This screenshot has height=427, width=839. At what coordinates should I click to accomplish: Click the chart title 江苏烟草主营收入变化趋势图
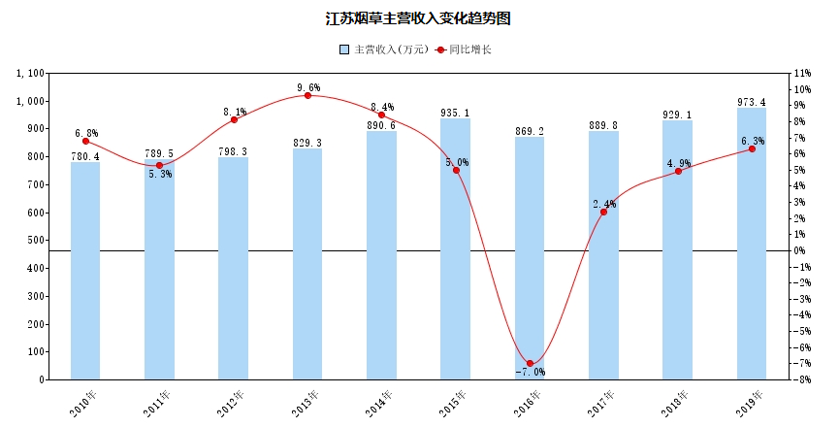pyautogui.click(x=418, y=18)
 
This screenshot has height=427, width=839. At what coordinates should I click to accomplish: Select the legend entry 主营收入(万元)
pyautogui.click(x=379, y=49)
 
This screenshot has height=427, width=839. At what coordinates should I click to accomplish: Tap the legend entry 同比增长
pyautogui.click(x=464, y=49)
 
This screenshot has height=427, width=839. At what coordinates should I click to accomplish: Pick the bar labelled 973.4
pyautogui.click(x=752, y=243)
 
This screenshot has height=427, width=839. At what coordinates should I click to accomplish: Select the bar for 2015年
pyautogui.click(x=456, y=248)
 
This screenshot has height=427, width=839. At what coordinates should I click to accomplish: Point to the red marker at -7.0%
pyautogui.click(x=530, y=363)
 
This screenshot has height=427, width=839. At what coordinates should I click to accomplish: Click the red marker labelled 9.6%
pyautogui.click(x=307, y=95)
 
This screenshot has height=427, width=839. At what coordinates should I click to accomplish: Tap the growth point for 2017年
pyautogui.click(x=603, y=212)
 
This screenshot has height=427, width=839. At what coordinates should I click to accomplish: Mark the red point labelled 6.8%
pyautogui.click(x=85, y=141)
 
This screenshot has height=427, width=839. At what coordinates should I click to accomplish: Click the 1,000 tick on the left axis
pyautogui.click(x=26, y=101)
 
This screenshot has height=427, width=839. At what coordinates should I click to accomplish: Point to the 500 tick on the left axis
pyautogui.click(x=33, y=240)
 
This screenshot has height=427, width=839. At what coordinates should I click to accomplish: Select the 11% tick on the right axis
pyautogui.click(x=802, y=74)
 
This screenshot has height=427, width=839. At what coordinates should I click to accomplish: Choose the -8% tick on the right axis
pyautogui.click(x=802, y=379)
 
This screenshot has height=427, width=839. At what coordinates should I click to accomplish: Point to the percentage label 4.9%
pyautogui.click(x=678, y=163)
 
